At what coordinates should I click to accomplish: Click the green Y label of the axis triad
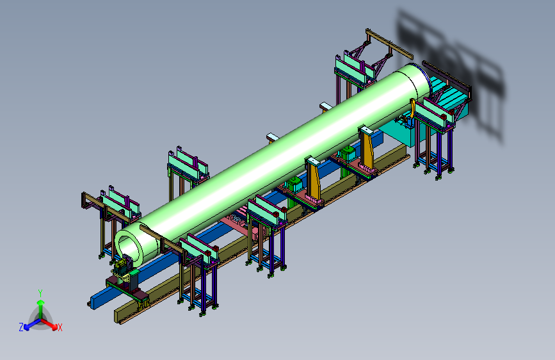coord(40,293)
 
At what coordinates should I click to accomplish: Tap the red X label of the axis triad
coord(60,327)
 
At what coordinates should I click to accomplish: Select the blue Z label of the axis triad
coord(21,327)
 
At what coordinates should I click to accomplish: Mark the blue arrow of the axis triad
coord(32,324)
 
